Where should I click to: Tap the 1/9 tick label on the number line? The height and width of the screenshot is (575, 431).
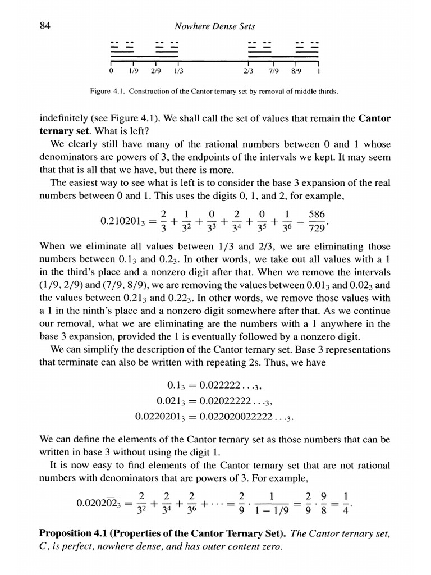(x=133, y=71)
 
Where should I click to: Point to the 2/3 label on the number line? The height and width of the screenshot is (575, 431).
(x=249, y=71)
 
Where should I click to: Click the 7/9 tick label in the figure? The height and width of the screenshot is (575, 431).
(x=272, y=71)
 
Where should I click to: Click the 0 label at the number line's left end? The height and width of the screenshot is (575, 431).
(x=111, y=71)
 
